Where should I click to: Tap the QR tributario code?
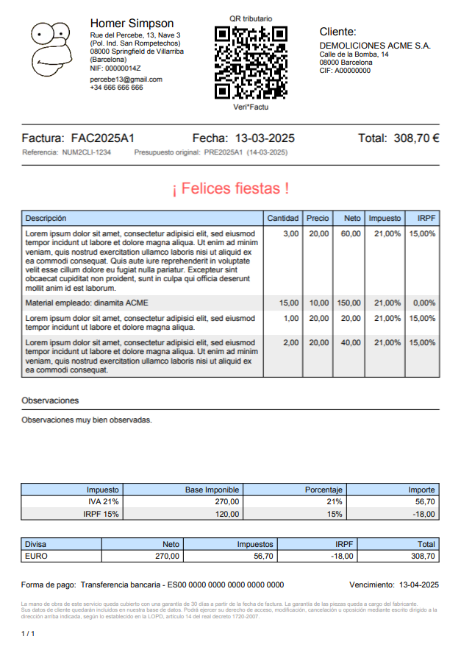pos(250,63)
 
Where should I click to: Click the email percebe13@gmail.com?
pos(126,79)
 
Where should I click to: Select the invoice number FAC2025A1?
pos(102,138)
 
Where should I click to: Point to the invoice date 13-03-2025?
pos(265,138)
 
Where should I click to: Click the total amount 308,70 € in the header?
pos(416,138)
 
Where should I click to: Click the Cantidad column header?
pos(282,218)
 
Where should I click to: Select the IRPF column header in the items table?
pos(426,218)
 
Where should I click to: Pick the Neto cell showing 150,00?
pos(349,303)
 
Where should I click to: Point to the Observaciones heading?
pos(50,400)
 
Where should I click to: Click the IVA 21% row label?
pos(104,501)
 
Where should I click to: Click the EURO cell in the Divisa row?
pos(36,557)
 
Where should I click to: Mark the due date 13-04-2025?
pos(418,584)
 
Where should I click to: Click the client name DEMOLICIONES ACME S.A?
pos(375,46)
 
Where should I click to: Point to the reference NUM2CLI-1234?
pos(87,152)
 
